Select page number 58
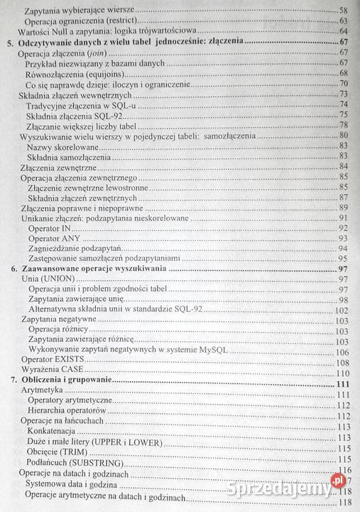point(342,11)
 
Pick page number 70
point(342,84)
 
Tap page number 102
point(340,310)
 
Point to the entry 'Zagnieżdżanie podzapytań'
point(76,248)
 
